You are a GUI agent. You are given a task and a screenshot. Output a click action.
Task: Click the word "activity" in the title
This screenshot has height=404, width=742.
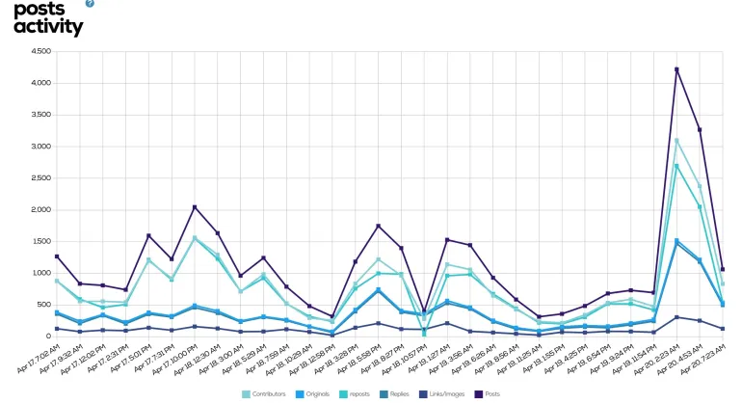pyautogui.click(x=48, y=26)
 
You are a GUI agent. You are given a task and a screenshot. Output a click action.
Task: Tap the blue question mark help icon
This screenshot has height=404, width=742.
pyautogui.click(x=90, y=4)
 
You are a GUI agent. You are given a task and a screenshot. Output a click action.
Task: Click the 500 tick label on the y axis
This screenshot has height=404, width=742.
pyautogui.click(x=43, y=305)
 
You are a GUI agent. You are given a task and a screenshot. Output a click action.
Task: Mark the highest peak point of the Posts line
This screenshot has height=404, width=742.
pyautogui.click(x=676, y=69)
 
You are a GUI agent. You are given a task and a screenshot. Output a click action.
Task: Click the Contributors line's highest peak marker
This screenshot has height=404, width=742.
pyautogui.click(x=676, y=141)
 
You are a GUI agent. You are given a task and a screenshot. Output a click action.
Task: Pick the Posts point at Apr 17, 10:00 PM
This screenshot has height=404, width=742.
pyautogui.click(x=195, y=207)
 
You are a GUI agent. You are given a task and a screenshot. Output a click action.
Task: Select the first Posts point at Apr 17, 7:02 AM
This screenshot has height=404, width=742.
pyautogui.click(x=57, y=256)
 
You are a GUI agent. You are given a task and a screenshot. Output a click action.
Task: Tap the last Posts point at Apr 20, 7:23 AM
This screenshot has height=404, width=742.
pyautogui.click(x=723, y=269)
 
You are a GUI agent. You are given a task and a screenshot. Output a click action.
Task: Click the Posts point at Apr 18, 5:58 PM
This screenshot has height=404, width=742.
pyautogui.click(x=379, y=226)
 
